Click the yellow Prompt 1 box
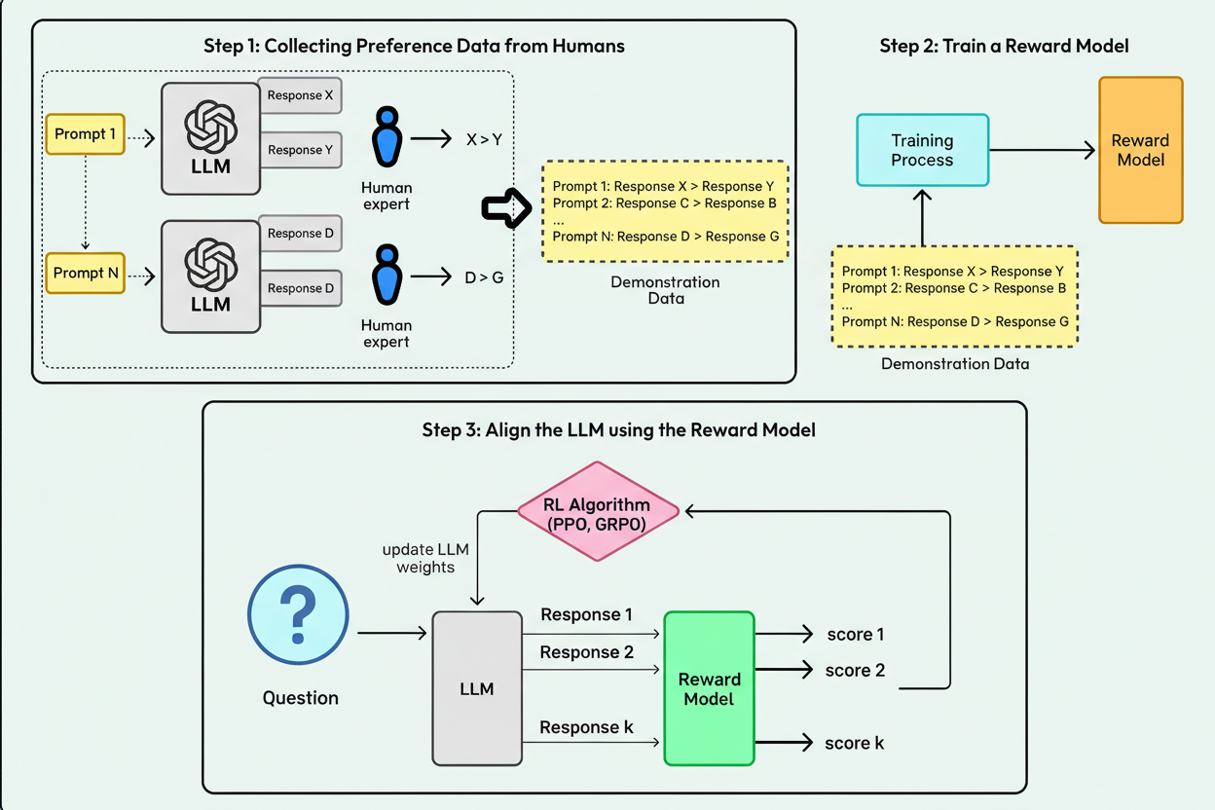pos(86,134)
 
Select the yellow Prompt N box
pos(86,274)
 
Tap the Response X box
pos(301,95)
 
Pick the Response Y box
pos(301,150)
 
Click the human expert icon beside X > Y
pos(387,138)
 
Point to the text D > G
pos(484,277)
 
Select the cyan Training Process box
pos(922,150)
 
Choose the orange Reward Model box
pos(1140,150)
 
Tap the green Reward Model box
pos(709,688)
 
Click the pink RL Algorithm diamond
pos(598,511)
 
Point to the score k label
pos(854,743)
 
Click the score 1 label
pos(855,635)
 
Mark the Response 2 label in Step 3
pos(586,652)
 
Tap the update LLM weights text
pos(424,558)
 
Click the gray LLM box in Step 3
pos(476,688)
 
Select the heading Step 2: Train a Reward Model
pos(1005,46)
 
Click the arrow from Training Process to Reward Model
pos(1042,150)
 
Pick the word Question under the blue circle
pos(300,698)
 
